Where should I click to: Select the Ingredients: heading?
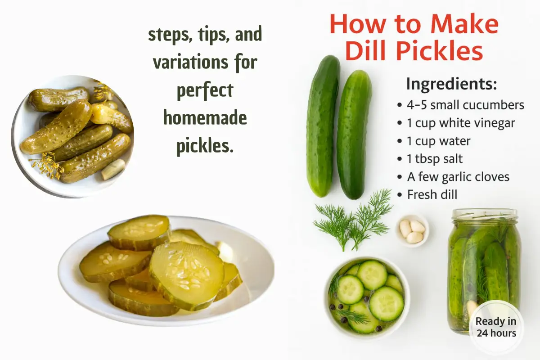[451, 84]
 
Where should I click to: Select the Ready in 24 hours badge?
[496, 327]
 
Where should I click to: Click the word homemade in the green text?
[205, 118]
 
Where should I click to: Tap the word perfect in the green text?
[205, 90]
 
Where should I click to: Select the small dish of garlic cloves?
[412, 230]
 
